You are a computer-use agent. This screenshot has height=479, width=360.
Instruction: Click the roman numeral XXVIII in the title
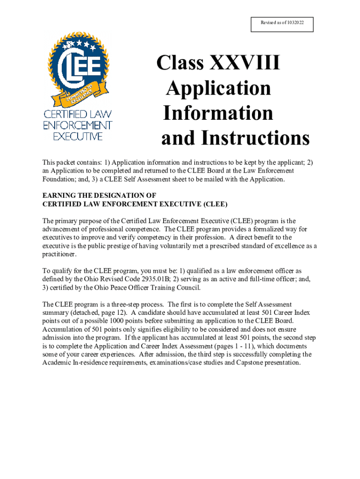(x=245, y=63)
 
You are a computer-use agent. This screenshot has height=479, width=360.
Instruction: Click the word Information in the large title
(x=218, y=113)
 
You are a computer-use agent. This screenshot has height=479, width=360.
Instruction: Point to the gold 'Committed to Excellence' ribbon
(x=77, y=94)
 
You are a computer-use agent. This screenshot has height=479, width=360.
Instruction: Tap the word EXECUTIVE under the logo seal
(x=78, y=136)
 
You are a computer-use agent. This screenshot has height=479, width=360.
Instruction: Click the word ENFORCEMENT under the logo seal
(x=78, y=125)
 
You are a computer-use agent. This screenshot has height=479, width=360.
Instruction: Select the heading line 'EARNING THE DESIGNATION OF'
(x=99, y=196)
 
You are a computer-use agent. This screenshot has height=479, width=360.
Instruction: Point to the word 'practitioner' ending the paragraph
(x=59, y=254)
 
